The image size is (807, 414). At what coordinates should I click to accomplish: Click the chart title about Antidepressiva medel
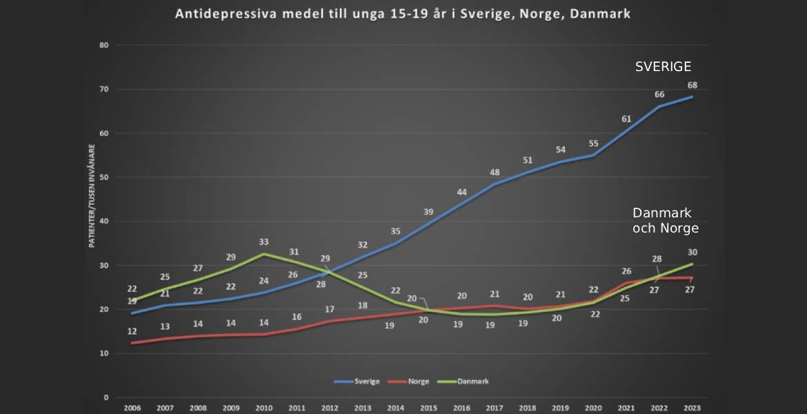(x=403, y=14)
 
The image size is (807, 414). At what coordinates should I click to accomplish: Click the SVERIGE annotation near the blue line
(x=663, y=67)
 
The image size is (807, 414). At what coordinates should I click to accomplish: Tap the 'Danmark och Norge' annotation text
(x=665, y=220)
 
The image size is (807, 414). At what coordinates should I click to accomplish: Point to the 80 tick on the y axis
(x=104, y=46)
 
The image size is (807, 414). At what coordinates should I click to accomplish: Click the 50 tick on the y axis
(x=104, y=177)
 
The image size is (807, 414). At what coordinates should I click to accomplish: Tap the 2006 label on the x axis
(x=132, y=408)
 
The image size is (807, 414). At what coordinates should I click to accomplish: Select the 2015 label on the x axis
(x=428, y=408)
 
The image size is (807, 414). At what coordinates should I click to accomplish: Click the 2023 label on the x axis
(x=692, y=408)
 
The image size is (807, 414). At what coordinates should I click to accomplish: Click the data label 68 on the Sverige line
(x=693, y=85)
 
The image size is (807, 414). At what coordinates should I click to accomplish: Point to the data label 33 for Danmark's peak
(x=263, y=242)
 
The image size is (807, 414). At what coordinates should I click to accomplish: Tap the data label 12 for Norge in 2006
(x=132, y=331)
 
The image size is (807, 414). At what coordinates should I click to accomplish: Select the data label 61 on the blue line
(x=626, y=119)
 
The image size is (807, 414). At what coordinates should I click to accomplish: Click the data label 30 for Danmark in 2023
(x=692, y=253)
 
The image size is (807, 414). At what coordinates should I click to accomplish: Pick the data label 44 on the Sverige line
(x=461, y=192)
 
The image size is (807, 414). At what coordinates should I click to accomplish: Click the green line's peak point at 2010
(x=263, y=254)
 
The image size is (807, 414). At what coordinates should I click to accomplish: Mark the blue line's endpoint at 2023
(x=692, y=97)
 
